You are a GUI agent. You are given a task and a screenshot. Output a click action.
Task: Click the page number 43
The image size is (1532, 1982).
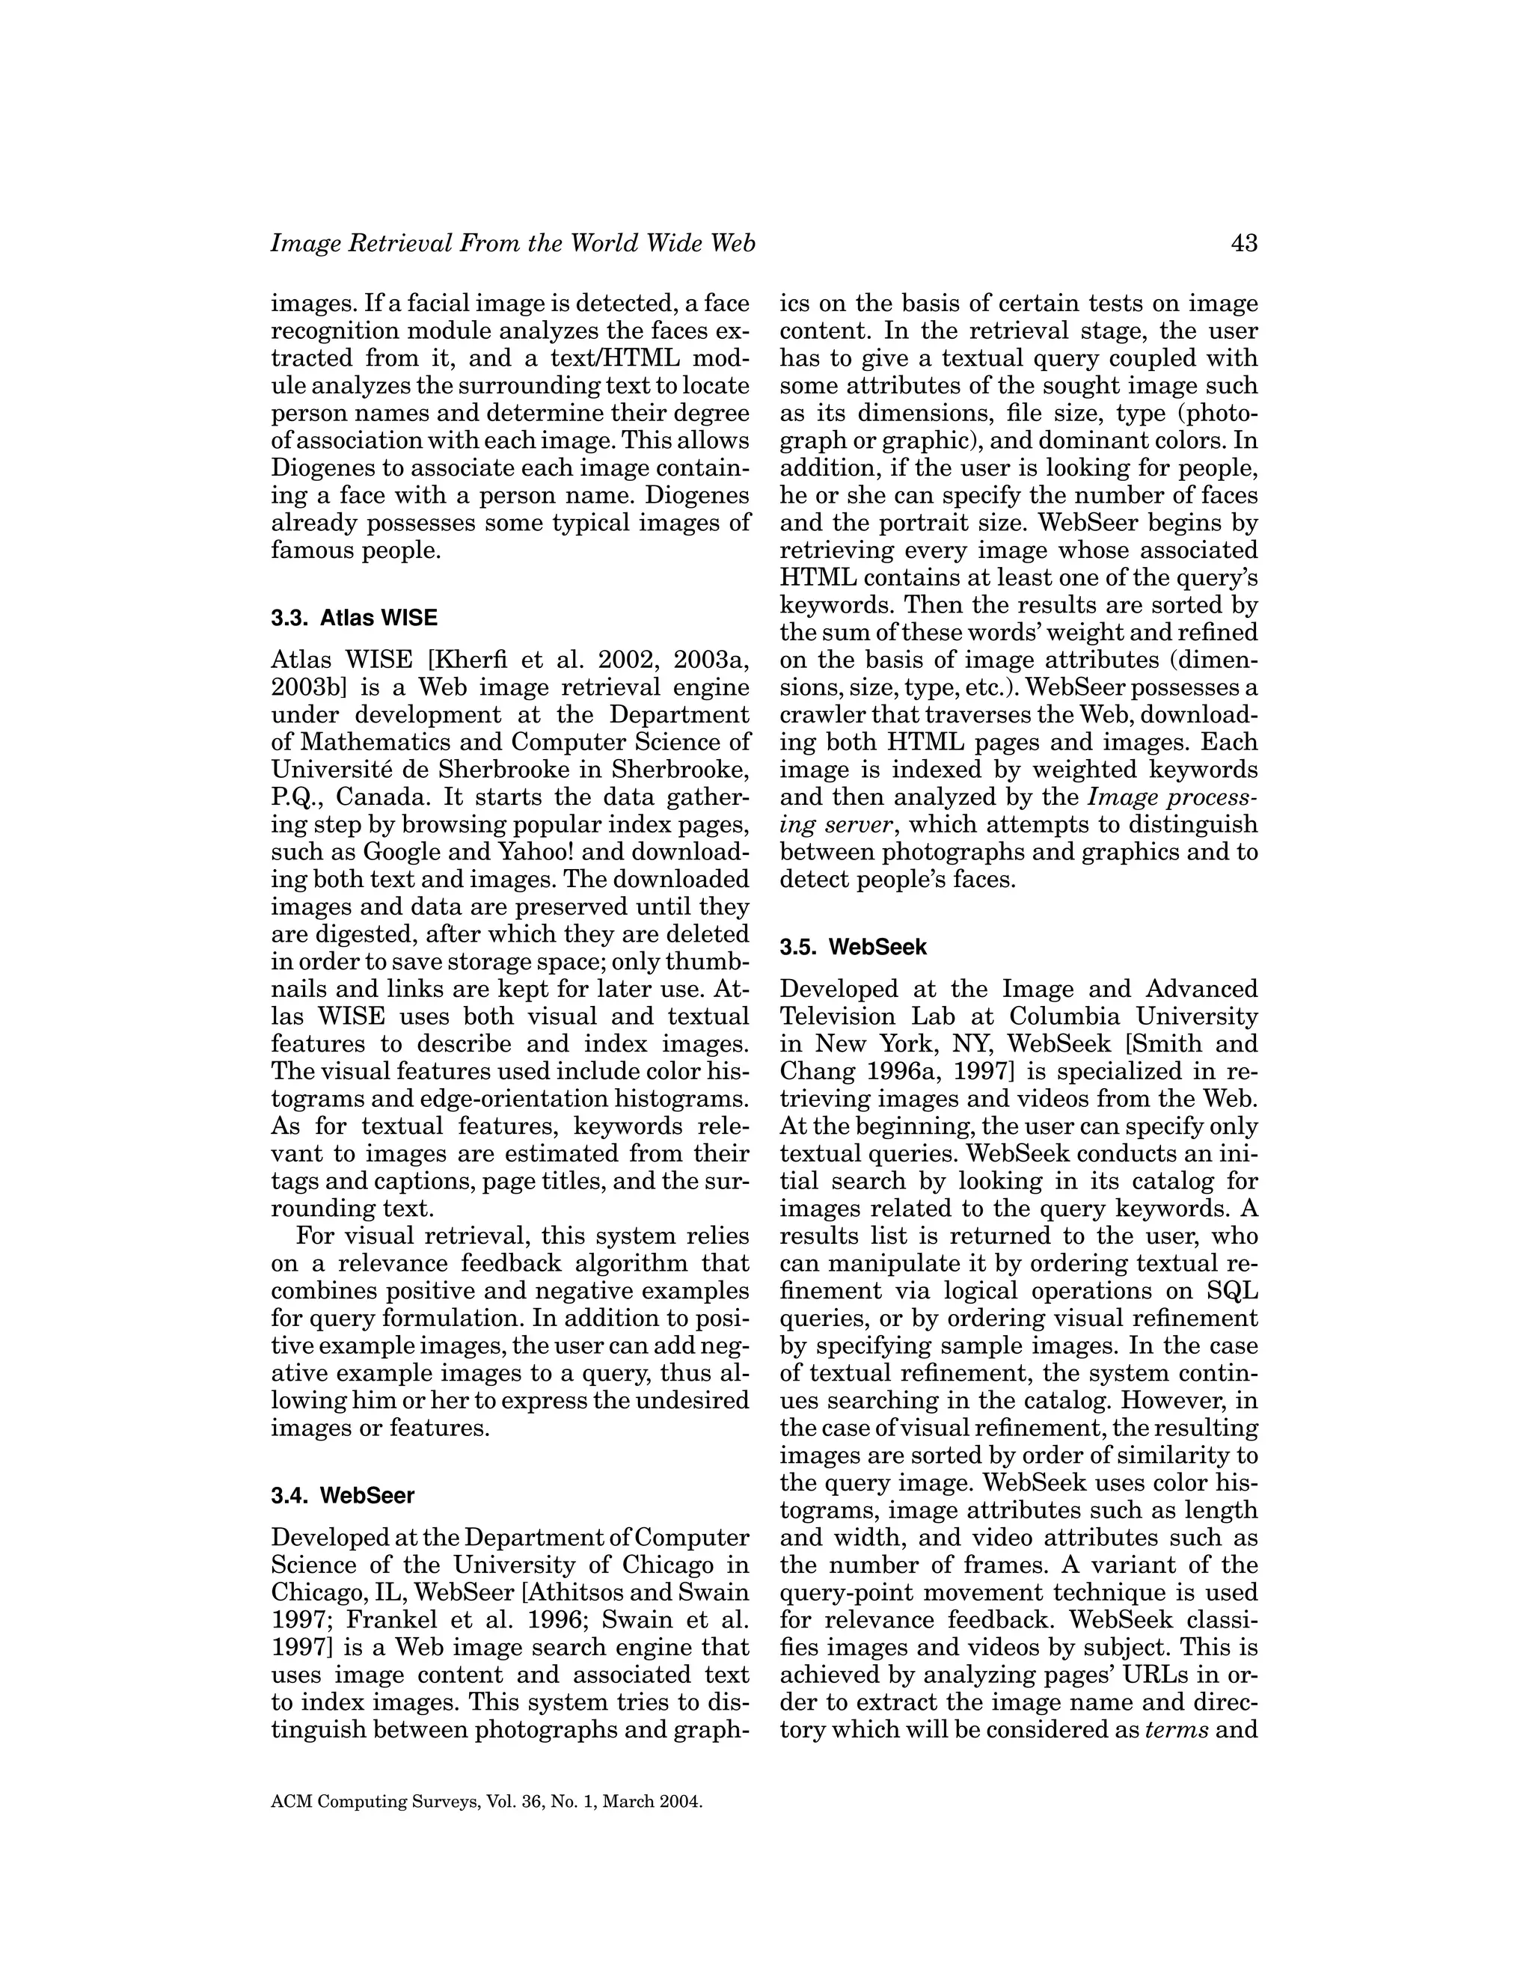point(1243,243)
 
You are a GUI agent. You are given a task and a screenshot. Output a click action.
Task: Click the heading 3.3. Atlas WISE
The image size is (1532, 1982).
point(354,618)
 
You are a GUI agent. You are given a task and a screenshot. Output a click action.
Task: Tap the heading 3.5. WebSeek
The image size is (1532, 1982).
point(853,948)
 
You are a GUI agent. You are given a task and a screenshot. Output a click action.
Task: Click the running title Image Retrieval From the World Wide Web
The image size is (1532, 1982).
point(512,243)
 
